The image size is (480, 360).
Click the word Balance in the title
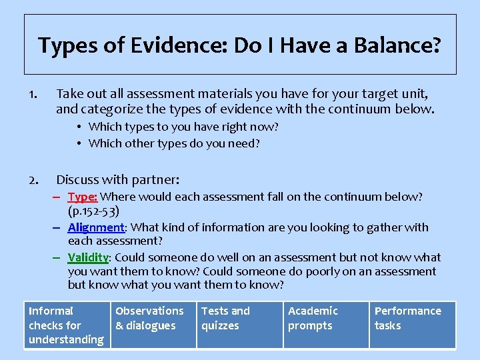coord(398,45)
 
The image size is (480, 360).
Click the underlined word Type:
coord(83,197)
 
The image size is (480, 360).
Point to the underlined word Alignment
coord(96,227)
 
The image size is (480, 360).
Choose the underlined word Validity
coord(88,257)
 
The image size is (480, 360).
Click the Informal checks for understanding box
coord(67,325)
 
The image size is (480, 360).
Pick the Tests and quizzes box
coord(240,325)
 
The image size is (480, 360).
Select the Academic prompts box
coord(326,325)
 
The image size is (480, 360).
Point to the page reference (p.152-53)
coord(94,211)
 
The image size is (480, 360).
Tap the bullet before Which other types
coord(79,143)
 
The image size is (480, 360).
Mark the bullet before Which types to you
coord(79,127)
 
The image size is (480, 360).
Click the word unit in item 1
coord(415,93)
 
